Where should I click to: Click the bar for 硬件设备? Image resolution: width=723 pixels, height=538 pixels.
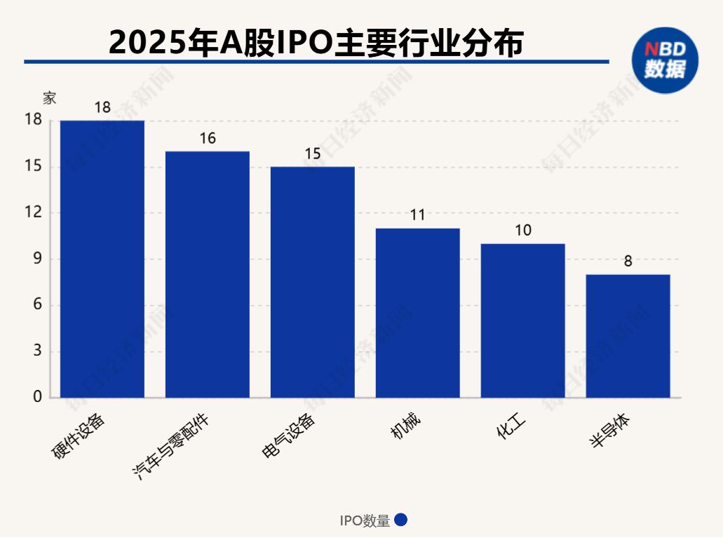coord(102,259)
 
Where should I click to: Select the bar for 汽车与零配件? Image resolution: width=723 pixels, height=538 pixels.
coord(208,274)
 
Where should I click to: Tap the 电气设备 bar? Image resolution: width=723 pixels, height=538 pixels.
coord(313,282)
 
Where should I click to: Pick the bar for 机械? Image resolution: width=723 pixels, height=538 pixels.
coord(418,313)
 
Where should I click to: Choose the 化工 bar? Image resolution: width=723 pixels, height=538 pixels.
coord(523,321)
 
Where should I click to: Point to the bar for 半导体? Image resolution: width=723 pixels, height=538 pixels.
coord(628,336)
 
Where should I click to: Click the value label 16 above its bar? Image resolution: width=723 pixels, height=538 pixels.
coord(208,138)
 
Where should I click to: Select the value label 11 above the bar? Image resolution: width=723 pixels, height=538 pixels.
coord(418,215)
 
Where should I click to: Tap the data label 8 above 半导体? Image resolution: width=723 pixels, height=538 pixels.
coord(628,261)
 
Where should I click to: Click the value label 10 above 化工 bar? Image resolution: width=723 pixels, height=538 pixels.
coord(523,230)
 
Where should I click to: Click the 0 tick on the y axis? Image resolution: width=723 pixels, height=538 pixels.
coord(38,398)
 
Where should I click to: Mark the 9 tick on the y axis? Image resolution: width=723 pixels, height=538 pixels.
coord(38,259)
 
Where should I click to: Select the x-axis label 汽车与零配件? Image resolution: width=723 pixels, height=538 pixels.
coord(171,446)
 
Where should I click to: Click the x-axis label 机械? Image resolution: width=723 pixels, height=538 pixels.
coord(406,427)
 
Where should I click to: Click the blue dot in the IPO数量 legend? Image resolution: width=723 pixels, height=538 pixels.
coord(401,520)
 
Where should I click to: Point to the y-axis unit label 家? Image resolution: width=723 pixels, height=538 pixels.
coord(49,98)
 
